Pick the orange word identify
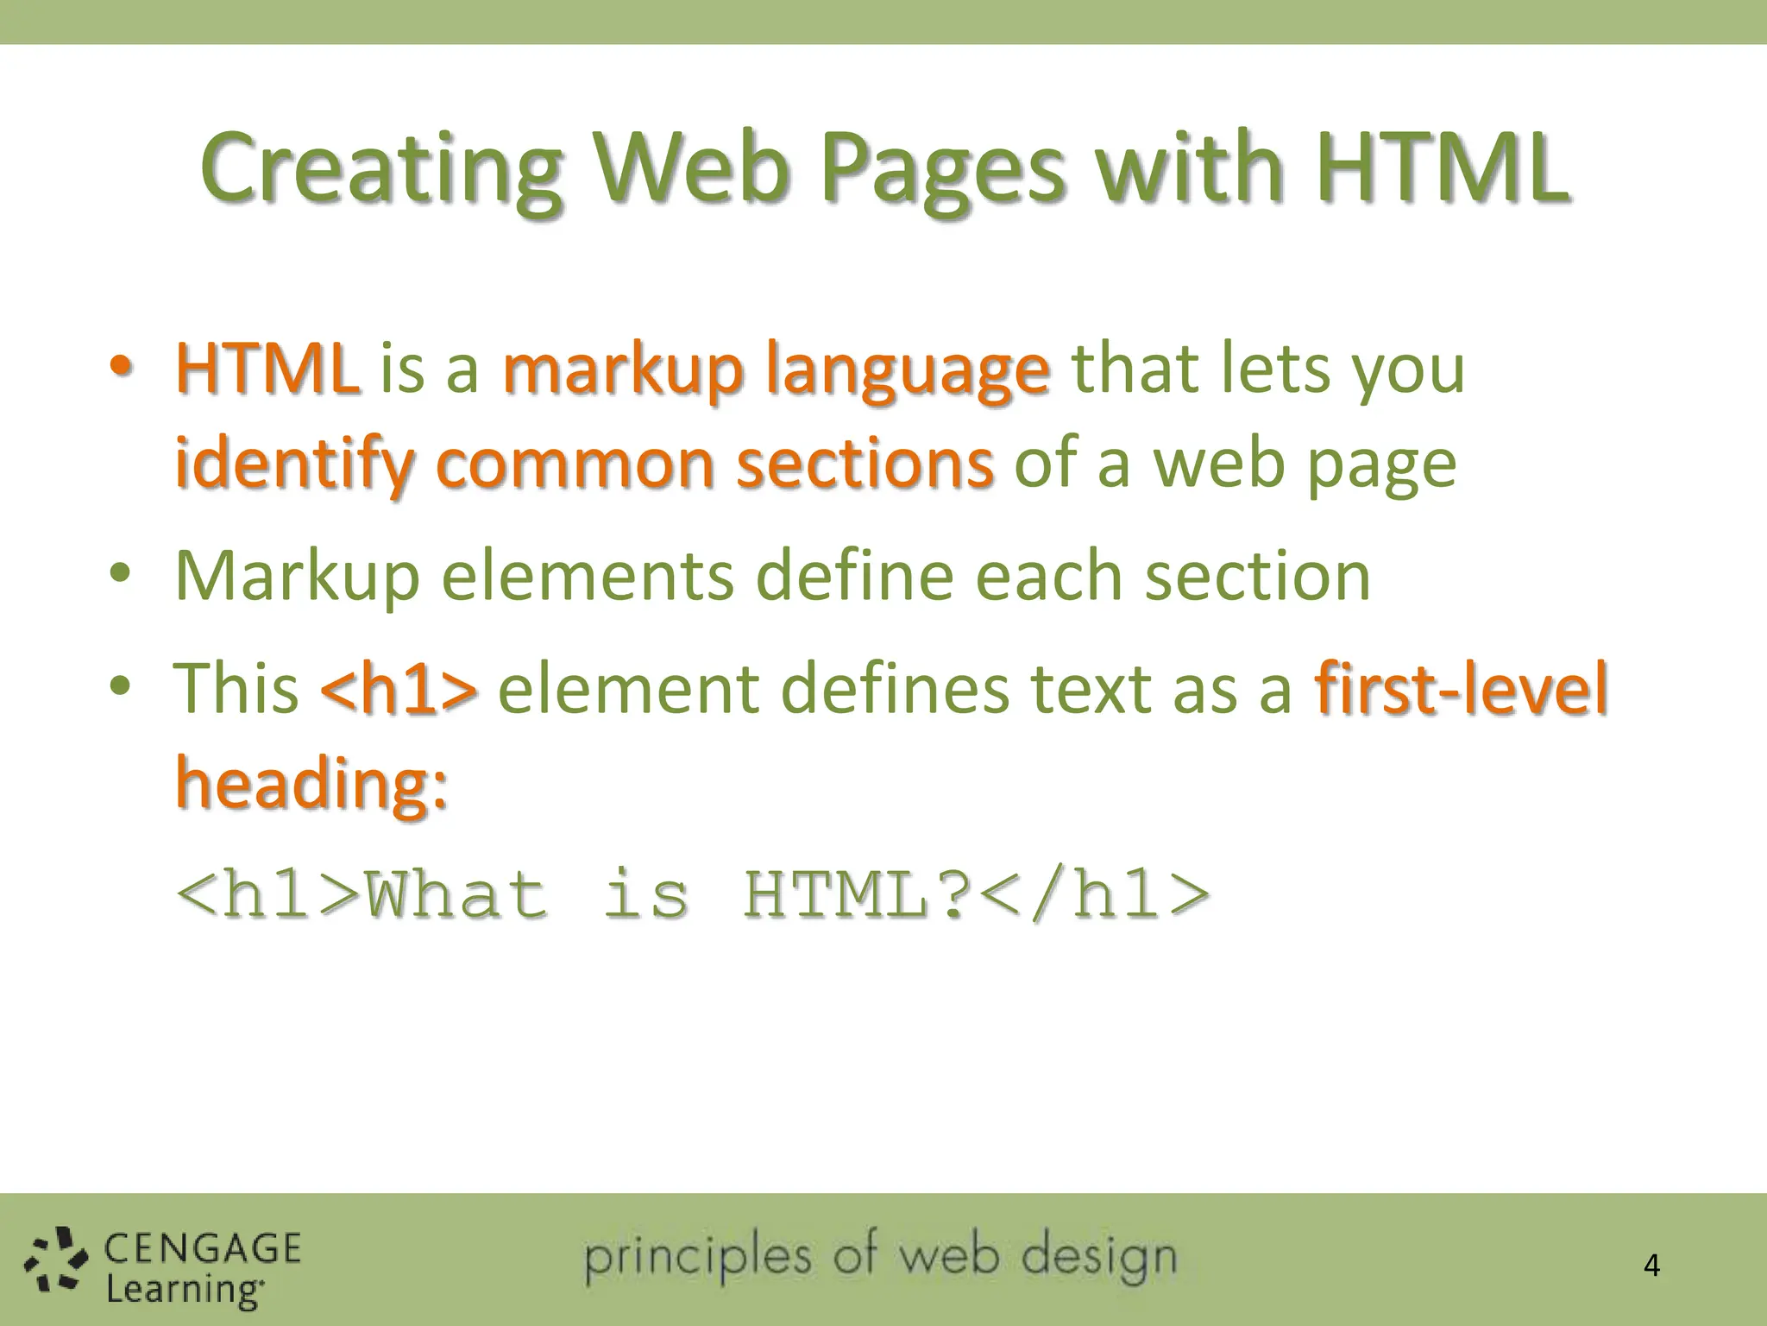[293, 464]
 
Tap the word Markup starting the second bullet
[297, 577]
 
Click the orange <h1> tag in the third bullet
[398, 689]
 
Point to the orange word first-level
[1462, 688]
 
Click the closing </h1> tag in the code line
[1096, 894]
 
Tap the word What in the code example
[456, 894]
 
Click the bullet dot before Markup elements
[120, 573]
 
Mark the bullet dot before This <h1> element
[120, 686]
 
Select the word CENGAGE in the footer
[203, 1248]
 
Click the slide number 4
[1651, 1266]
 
